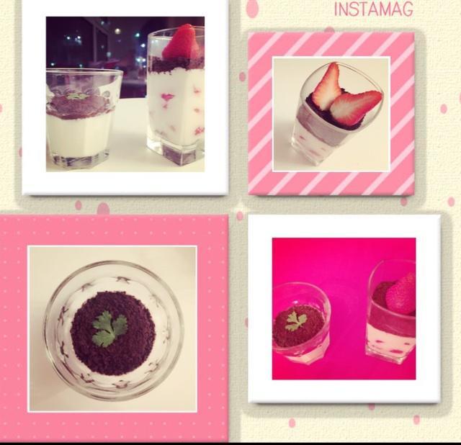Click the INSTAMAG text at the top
pyautogui.click(x=374, y=9)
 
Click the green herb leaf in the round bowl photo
pyautogui.click(x=109, y=328)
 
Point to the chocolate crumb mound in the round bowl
pyautogui.click(x=113, y=333)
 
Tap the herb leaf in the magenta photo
pyautogui.click(x=295, y=321)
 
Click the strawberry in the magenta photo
pyautogui.click(x=400, y=294)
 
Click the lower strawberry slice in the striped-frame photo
pyautogui.click(x=355, y=107)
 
